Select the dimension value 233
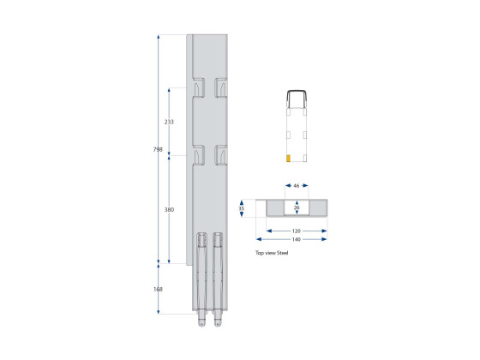[x=169, y=122]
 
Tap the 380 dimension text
[x=169, y=208]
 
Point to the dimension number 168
[x=159, y=289]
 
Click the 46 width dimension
[x=297, y=184]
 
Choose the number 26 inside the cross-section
[x=297, y=207]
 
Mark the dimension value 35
[x=243, y=207]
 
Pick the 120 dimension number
[x=297, y=231]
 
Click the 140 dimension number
[x=297, y=239]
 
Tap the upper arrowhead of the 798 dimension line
[x=159, y=38]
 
